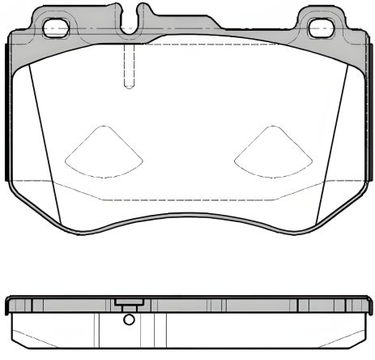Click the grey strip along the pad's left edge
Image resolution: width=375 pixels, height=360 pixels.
[x=9, y=114]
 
